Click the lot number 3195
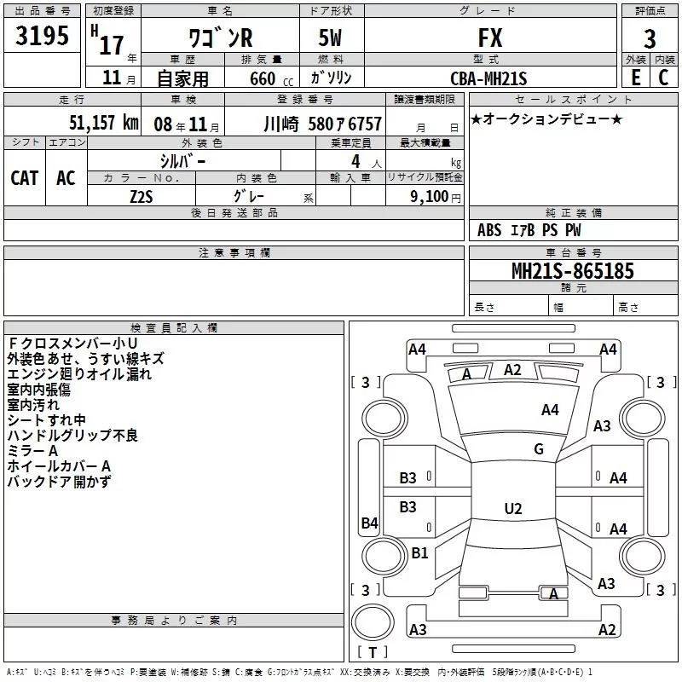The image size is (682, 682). tap(42, 37)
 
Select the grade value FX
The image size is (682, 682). tap(489, 38)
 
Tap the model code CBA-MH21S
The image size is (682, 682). tap(488, 78)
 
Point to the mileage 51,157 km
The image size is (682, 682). tap(103, 123)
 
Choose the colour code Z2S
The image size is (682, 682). tap(141, 195)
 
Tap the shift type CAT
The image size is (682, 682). tap(25, 177)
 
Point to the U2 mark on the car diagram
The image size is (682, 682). tap(512, 509)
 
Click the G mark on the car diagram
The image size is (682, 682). tap(539, 449)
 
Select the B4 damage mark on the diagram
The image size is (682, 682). tap(369, 523)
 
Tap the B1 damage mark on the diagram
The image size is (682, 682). tap(419, 553)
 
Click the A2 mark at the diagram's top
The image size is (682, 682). tap(512, 369)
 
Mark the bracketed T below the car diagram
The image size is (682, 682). tap(372, 653)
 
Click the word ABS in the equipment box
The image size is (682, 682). tap(489, 230)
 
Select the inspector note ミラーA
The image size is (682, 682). tap(32, 451)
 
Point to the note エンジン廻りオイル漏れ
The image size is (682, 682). tap(79, 374)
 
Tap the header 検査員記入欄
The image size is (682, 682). tap(174, 327)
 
